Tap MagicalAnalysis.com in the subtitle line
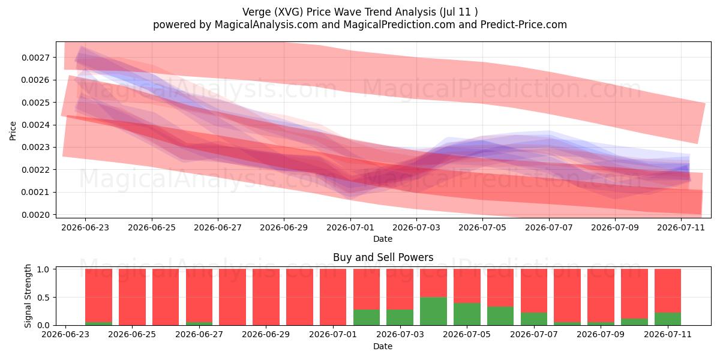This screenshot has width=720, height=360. pyautogui.click(x=266, y=25)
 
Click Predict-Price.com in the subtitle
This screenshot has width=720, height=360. pyautogui.click(x=524, y=25)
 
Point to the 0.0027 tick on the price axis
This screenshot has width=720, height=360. pyautogui.click(x=35, y=58)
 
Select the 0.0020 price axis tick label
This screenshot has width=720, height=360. pyautogui.click(x=35, y=215)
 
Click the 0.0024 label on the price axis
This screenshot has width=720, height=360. pyautogui.click(x=35, y=125)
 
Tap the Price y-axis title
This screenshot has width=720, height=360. pyautogui.click(x=13, y=131)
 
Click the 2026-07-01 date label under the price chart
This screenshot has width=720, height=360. pyautogui.click(x=350, y=227)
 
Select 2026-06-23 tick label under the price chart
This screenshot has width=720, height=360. pyautogui.click(x=85, y=227)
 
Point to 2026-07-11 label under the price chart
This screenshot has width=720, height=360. pyautogui.click(x=681, y=227)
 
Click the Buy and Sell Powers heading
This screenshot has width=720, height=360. pyautogui.click(x=383, y=257)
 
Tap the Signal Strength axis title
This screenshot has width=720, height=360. pyautogui.click(x=28, y=296)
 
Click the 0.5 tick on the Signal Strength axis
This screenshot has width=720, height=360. pyautogui.click(x=43, y=298)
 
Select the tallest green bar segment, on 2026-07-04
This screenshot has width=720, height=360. pyautogui.click(x=433, y=311)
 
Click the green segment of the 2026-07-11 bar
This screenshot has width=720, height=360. pyautogui.click(x=668, y=319)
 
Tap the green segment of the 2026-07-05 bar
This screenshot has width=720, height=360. pyautogui.click(x=467, y=314)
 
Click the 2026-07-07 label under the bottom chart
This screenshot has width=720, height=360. pyautogui.click(x=534, y=334)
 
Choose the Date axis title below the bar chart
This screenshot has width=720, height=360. pyautogui.click(x=383, y=346)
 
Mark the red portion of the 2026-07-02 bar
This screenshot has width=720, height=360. pyautogui.click(x=367, y=289)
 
